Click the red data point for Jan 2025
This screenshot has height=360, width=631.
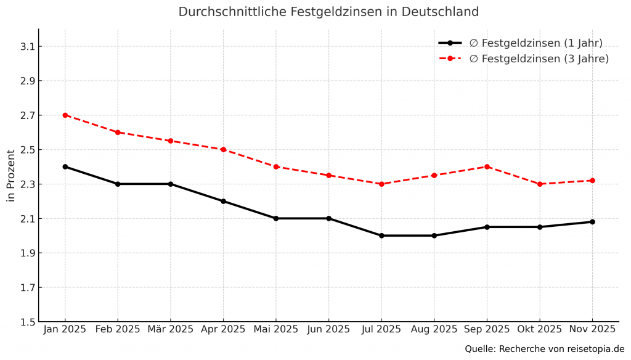click(65, 115)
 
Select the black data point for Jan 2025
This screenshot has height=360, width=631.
click(65, 166)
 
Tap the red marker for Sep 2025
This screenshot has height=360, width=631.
click(487, 166)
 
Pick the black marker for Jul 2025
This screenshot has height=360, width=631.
click(381, 235)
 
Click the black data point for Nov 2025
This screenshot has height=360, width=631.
click(592, 222)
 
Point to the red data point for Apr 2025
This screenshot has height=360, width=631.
click(223, 149)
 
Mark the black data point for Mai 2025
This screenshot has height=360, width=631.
click(276, 218)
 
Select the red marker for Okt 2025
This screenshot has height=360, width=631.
click(540, 184)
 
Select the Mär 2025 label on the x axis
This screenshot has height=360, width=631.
click(171, 330)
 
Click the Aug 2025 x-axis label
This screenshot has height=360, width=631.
click(434, 330)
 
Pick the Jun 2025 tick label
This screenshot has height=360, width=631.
click(328, 330)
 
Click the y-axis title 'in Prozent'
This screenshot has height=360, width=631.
click(10, 176)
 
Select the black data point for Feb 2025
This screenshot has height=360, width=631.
click(118, 184)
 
